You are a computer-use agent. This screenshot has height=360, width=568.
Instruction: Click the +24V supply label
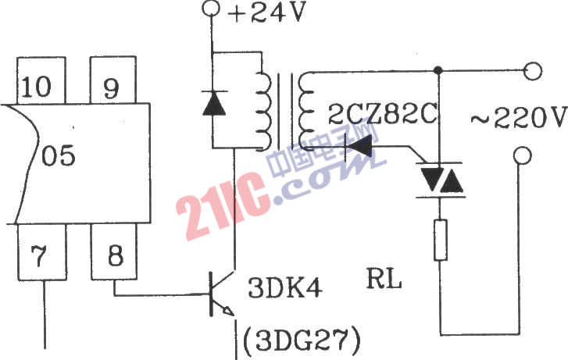[267, 12]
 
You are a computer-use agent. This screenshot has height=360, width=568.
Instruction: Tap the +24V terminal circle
[211, 8]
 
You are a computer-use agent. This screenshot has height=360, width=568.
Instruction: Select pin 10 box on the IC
[41, 80]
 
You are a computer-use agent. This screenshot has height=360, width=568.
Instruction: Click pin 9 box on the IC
[113, 80]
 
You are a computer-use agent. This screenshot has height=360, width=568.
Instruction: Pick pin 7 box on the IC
[42, 252]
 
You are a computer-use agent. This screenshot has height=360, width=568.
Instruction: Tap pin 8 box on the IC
[114, 251]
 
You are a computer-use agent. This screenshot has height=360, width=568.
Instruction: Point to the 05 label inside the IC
[58, 155]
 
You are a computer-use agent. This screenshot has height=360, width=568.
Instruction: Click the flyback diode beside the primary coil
[214, 103]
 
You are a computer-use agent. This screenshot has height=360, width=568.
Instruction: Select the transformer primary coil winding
[263, 111]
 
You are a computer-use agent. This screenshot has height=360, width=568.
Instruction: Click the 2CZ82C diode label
[383, 114]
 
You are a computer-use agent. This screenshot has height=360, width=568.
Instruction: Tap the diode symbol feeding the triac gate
[359, 146]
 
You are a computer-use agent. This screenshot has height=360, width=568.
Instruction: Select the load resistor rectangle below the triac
[440, 240]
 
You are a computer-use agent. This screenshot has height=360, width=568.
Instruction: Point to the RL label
[384, 280]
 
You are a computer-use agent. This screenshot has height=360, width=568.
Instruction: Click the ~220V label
[519, 117]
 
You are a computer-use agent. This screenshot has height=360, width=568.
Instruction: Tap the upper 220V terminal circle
[533, 71]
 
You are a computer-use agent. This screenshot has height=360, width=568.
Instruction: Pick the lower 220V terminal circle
[523, 155]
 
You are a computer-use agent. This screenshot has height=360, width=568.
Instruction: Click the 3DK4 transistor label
[284, 288]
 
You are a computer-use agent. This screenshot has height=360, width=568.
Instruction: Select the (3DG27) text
[302, 340]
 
